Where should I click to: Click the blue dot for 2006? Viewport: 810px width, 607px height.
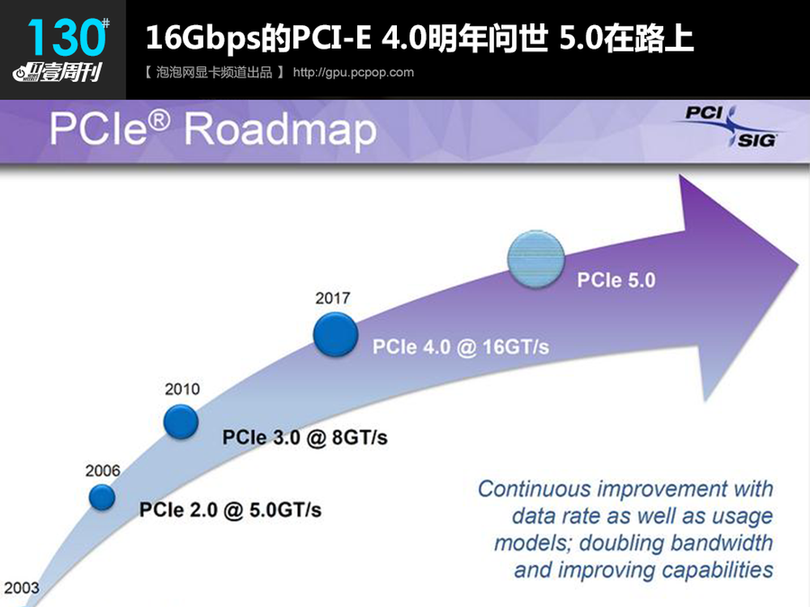click(102, 498)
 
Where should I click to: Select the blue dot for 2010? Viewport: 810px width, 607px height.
click(181, 422)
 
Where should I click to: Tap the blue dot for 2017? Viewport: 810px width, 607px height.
click(336, 334)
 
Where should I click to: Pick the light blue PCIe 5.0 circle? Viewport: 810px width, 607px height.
click(535, 259)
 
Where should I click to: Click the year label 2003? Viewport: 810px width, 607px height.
click(22, 588)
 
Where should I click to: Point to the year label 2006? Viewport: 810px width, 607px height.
click(103, 471)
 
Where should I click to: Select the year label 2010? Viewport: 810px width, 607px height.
click(182, 389)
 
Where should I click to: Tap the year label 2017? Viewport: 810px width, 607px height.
click(333, 298)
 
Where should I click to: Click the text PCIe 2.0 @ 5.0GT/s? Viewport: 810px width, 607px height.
click(230, 510)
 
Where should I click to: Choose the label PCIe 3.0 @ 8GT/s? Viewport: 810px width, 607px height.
click(305, 438)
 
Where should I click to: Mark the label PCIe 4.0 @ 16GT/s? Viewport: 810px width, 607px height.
click(461, 347)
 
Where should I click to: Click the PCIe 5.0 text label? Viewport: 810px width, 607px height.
click(616, 280)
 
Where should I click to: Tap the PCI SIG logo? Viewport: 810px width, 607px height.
click(728, 127)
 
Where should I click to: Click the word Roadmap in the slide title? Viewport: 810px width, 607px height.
click(280, 129)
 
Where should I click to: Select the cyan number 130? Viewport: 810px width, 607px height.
click(66, 36)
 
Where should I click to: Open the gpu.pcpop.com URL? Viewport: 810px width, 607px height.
click(353, 72)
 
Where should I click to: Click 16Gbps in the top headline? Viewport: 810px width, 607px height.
click(203, 38)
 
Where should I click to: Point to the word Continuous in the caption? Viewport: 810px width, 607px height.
click(534, 489)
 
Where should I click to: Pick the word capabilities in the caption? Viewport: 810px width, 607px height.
click(718, 571)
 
